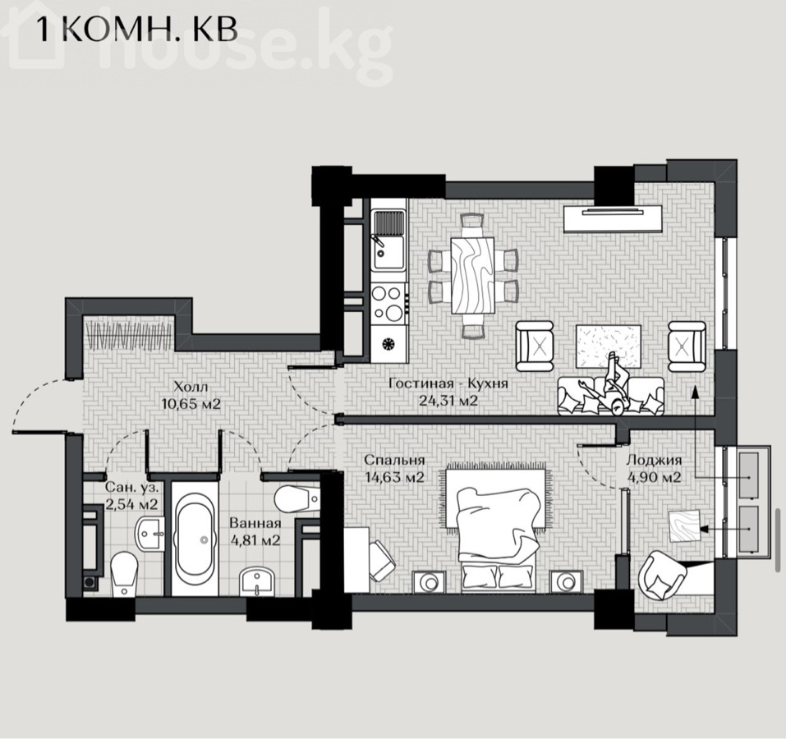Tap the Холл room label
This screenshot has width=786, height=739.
(x=191, y=386)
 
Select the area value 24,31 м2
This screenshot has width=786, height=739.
(x=448, y=401)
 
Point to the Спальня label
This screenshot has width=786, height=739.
(x=394, y=460)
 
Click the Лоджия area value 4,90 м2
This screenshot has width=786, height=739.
(x=654, y=477)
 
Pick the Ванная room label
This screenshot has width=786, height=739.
(x=255, y=523)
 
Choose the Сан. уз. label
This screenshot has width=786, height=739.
(x=132, y=487)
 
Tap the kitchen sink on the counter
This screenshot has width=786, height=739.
(x=388, y=240)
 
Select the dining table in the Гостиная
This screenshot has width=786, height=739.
(x=472, y=275)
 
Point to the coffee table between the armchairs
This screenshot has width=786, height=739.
(x=608, y=347)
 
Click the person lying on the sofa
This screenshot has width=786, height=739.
(x=606, y=383)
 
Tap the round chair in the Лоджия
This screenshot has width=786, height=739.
(x=662, y=575)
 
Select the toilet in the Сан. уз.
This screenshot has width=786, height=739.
(x=123, y=574)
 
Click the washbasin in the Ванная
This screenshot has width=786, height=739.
(x=258, y=581)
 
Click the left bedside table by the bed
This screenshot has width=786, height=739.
(x=429, y=583)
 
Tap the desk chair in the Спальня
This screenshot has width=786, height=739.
(x=382, y=561)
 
